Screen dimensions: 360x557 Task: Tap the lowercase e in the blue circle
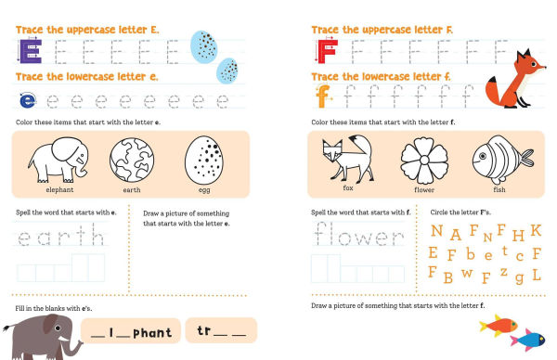[28, 99]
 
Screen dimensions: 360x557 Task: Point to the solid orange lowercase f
[323, 96]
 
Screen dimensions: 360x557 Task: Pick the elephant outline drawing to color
[59, 159]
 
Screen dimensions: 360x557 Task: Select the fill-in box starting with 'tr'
[221, 330]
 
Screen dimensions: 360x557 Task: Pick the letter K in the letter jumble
[536, 230]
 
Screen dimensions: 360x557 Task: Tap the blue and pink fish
[530, 339]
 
